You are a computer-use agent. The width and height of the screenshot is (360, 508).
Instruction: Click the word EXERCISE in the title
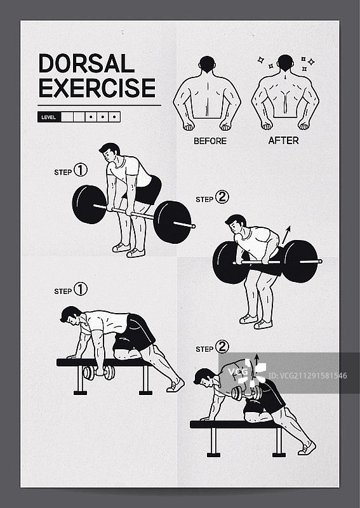pos(97,88)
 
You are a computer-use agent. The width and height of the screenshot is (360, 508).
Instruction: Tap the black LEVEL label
pos(49,117)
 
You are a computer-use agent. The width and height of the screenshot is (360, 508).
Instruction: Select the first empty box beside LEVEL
pos(67,117)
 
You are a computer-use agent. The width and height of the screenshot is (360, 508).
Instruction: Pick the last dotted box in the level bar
pos(114,117)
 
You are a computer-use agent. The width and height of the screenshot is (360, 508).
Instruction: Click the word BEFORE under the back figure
pos(210,141)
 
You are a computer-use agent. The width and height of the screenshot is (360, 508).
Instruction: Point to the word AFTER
pos(284,140)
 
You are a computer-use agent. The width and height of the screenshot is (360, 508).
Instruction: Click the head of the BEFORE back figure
pos(207,64)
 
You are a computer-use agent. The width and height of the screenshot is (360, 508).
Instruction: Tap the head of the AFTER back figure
pos(286,62)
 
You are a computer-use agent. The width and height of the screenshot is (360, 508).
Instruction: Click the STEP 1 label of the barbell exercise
pos(70,171)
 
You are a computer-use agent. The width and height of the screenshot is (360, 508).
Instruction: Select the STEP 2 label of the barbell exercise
pos(212,197)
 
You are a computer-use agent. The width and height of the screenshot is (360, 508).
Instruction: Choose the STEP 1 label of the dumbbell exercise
pos(70,290)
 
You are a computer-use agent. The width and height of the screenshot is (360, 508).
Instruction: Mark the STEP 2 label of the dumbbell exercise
pos(212,347)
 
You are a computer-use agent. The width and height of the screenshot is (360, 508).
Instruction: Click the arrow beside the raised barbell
pos(286,235)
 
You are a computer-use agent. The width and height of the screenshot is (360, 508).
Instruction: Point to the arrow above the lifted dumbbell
pos(257,362)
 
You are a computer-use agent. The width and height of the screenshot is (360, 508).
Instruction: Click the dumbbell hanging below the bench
pos(99,373)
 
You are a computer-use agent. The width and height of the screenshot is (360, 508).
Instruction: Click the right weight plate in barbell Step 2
pos(300,261)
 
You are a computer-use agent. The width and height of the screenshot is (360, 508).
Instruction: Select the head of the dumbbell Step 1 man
pos(71,315)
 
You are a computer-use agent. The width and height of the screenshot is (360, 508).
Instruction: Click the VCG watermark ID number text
pos(308,376)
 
